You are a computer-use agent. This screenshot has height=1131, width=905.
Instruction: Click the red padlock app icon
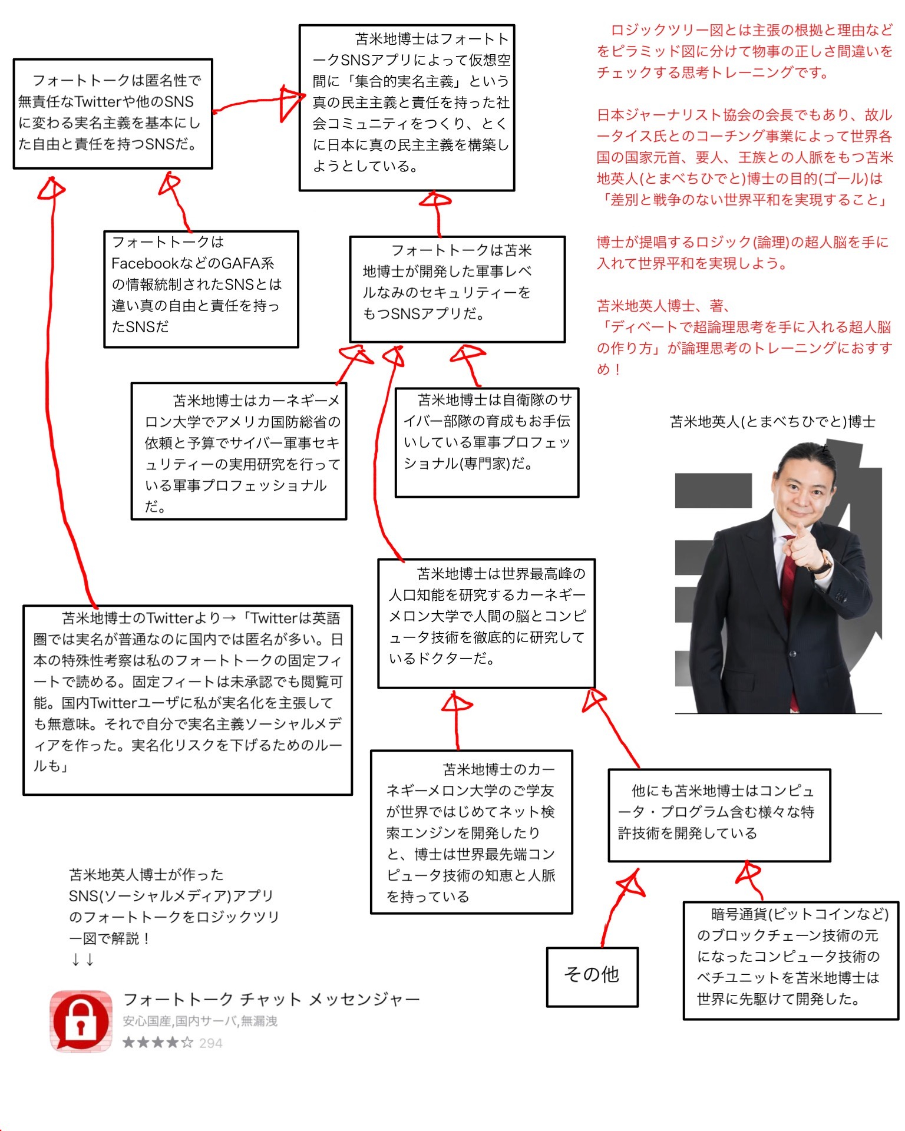(81, 1021)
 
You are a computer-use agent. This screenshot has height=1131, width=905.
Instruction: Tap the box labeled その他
(592, 977)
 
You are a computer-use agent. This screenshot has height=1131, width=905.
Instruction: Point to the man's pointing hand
(804, 548)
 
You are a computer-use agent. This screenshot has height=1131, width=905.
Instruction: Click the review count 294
(210, 1043)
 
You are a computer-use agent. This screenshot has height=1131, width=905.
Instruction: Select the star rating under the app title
(157, 1043)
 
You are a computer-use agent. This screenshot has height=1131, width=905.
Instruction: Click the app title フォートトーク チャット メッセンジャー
(271, 1000)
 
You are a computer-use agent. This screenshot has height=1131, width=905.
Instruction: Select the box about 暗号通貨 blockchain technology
(791, 960)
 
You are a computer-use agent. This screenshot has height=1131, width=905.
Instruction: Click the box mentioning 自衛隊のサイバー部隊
(487, 442)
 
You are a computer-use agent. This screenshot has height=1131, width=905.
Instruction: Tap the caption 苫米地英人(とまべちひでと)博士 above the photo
(772, 422)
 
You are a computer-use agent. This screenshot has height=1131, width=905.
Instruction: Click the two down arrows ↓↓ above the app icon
(82, 960)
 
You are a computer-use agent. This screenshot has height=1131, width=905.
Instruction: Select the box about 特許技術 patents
(719, 815)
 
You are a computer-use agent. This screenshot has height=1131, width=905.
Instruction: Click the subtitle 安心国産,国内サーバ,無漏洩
(200, 1021)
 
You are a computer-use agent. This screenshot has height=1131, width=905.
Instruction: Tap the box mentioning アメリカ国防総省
(239, 451)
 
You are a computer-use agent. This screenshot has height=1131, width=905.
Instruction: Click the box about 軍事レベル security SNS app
(457, 289)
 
